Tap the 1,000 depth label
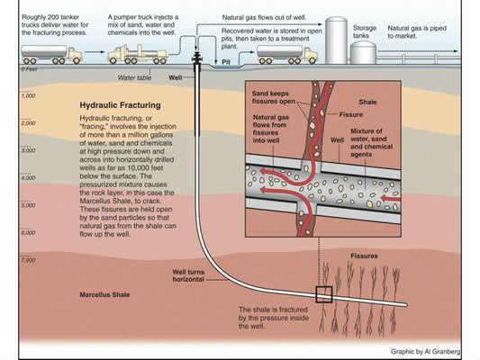coord(28,95)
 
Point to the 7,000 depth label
coord(28,259)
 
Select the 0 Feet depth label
coord(29,68)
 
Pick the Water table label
coord(134,78)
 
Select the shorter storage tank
coord(363,52)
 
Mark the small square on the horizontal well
coord(323,294)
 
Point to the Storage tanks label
coord(365,32)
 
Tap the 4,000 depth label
coord(28,177)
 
